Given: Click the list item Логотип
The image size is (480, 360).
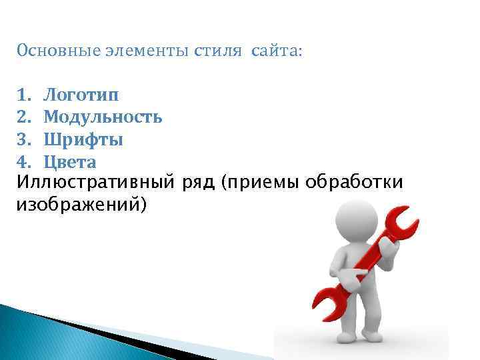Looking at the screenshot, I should click(83, 97).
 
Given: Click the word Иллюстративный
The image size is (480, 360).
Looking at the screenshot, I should click(97, 182).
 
